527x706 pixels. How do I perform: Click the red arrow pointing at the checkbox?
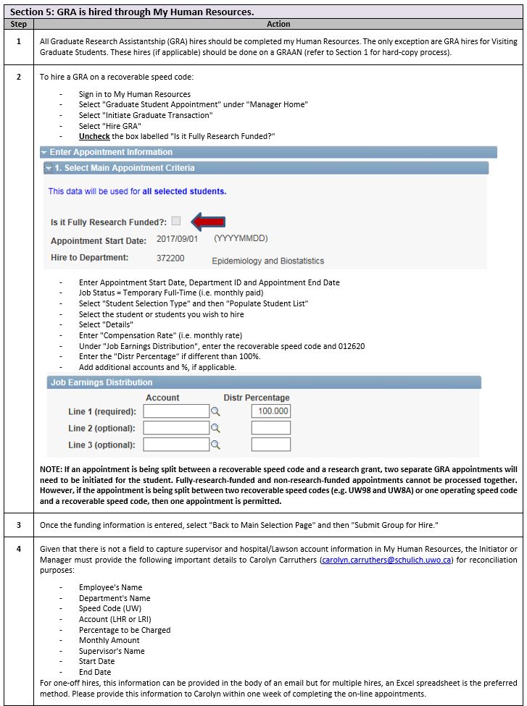(207, 222)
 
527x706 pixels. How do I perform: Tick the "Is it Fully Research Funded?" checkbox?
(176, 221)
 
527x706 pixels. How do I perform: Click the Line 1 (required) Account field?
(176, 411)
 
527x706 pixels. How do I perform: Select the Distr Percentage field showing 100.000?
(271, 411)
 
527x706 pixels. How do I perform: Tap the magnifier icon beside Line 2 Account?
(215, 429)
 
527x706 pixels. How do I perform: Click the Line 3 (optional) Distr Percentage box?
(271, 445)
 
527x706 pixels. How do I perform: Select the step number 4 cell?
(18, 550)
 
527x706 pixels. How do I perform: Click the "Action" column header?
(278, 24)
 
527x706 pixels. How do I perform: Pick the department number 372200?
(170, 258)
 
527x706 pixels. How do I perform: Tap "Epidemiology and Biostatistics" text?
(267, 261)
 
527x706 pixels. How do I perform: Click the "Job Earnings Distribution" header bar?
(263, 382)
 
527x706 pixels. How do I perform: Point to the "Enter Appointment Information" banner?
(268, 152)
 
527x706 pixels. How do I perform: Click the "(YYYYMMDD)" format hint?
(241, 239)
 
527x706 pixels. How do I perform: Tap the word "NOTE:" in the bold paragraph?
(51, 469)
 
